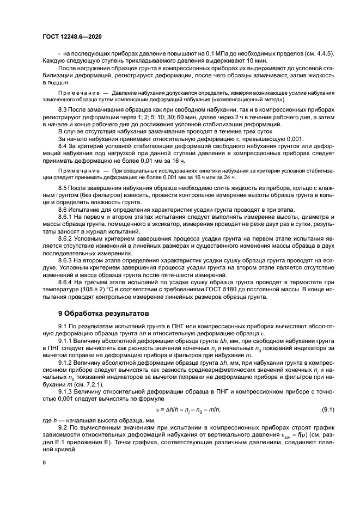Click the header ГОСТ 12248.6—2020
point(72,36)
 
